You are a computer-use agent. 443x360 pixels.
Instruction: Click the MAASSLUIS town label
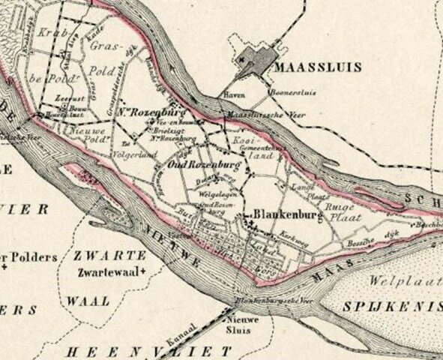pos(319,67)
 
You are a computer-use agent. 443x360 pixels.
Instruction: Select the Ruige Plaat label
pos(339,217)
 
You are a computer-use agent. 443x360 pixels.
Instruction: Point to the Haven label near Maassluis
pos(232,96)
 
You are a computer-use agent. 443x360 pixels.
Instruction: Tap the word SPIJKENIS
pos(383,307)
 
